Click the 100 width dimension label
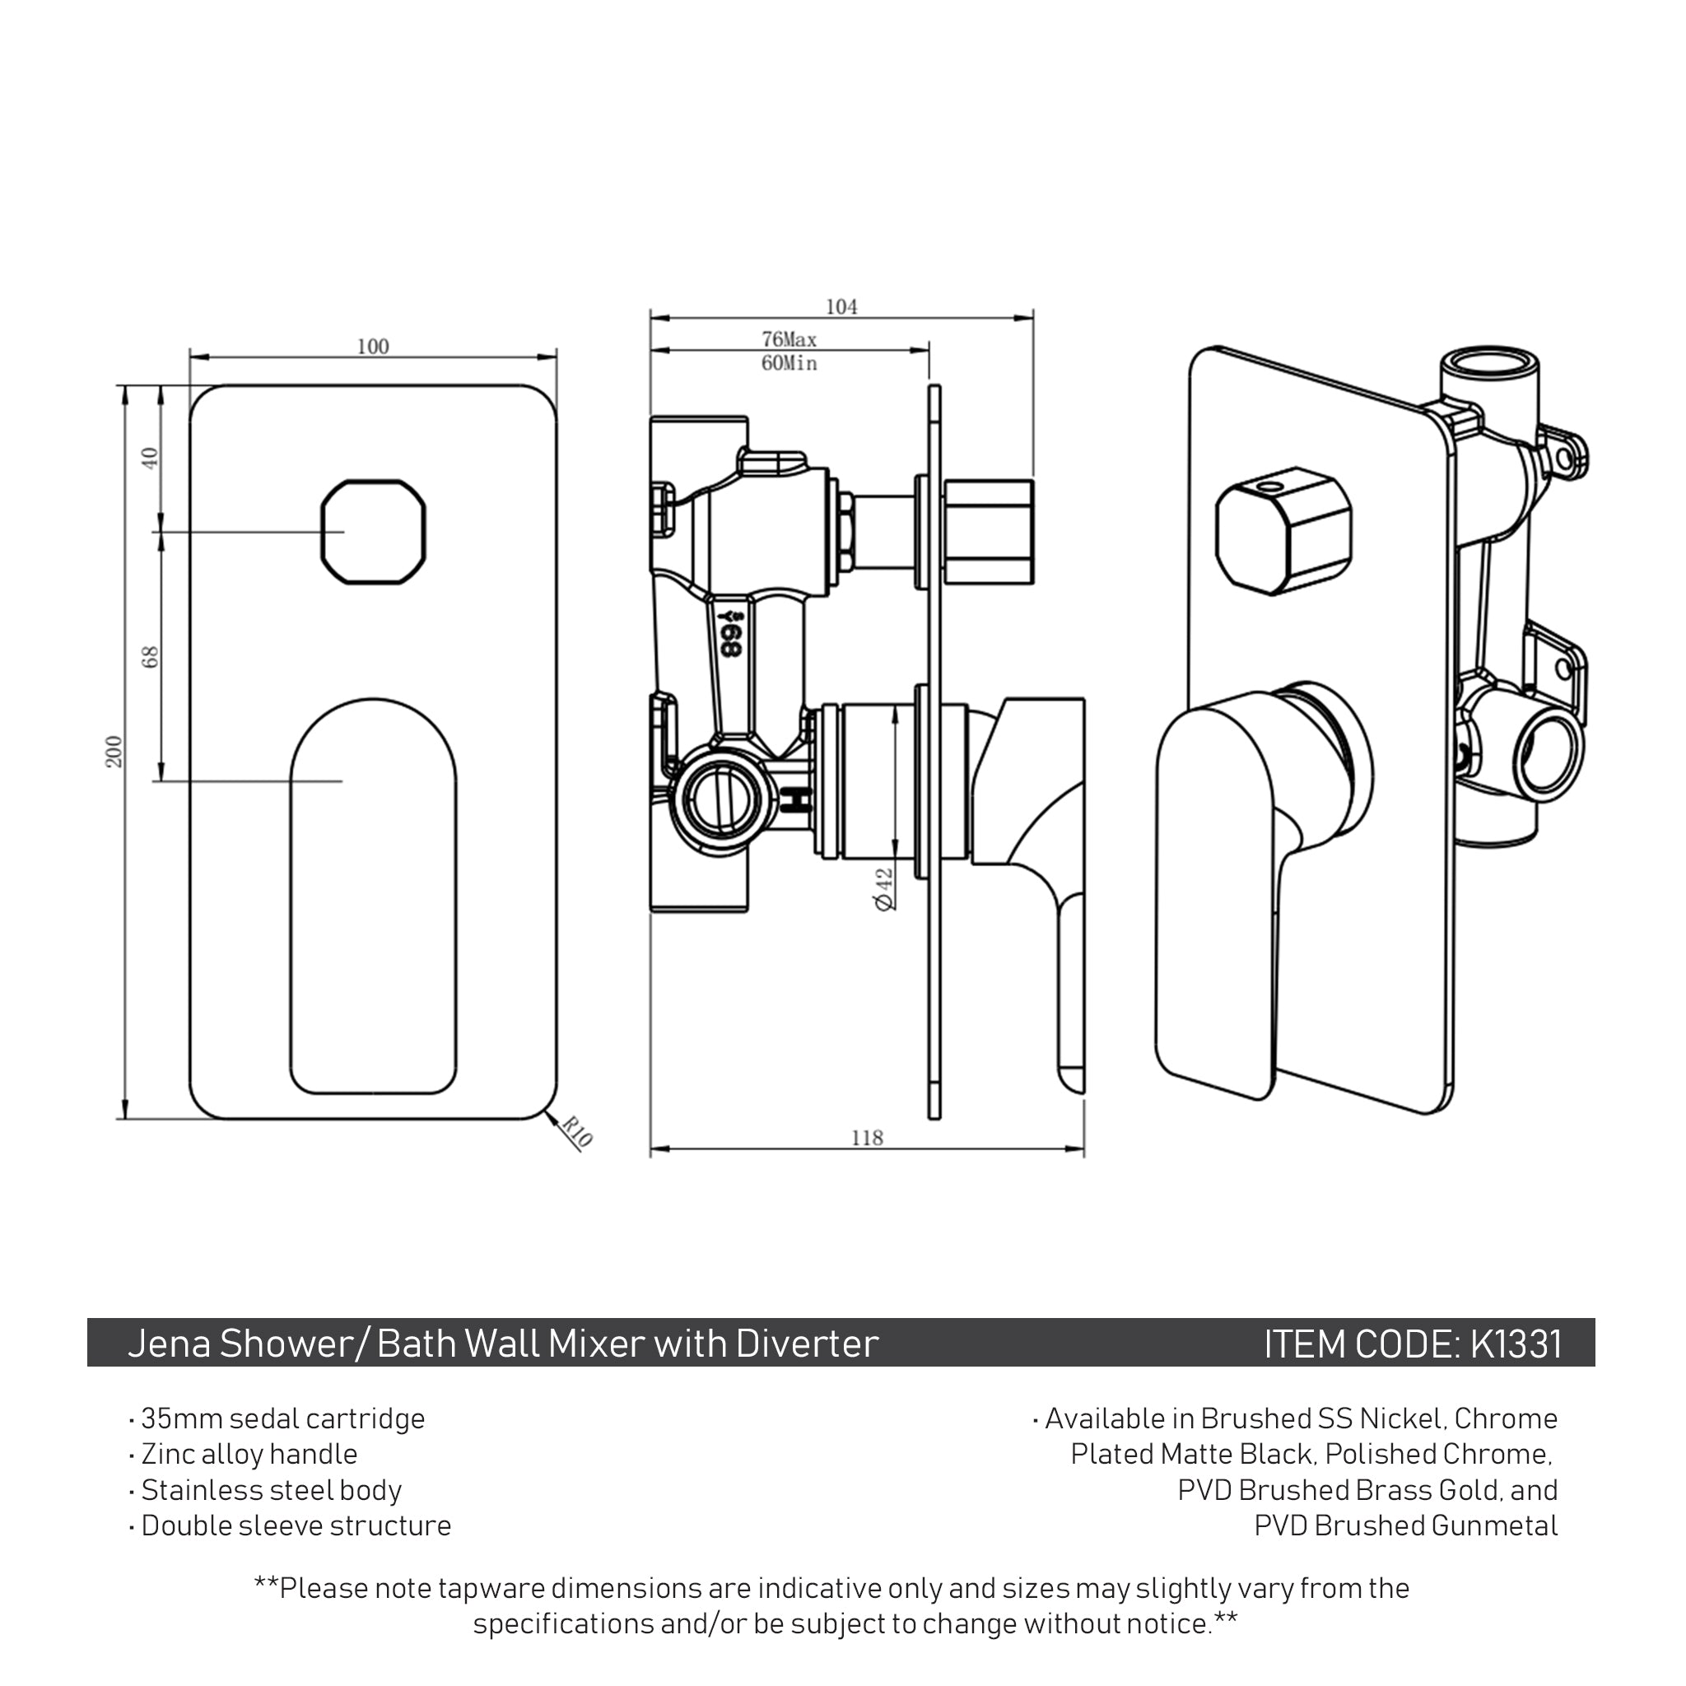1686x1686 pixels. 373,347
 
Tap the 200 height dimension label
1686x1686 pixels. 114,752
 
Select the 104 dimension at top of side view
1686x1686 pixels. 841,306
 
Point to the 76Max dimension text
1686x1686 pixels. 789,338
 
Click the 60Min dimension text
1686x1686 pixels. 789,363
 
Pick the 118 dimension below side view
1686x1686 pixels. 867,1138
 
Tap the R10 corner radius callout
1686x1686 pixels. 576,1133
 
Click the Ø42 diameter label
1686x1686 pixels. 884,888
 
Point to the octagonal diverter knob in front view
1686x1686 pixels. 374,532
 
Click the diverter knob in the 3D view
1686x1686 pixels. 1283,531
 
